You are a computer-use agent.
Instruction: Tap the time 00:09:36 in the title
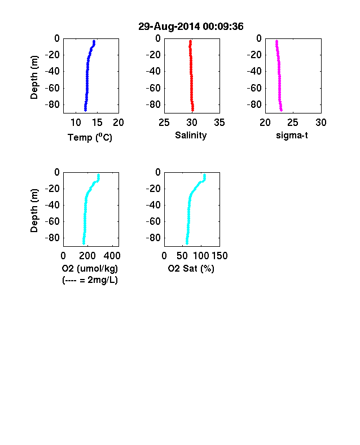click(223, 27)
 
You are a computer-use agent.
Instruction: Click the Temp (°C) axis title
click(90, 137)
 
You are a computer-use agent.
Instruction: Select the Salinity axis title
click(191, 135)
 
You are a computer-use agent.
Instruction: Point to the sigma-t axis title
click(292, 136)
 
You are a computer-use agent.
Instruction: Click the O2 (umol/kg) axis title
click(90, 268)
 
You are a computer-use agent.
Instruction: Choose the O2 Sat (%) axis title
click(191, 268)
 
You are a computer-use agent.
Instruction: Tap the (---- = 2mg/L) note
click(90, 280)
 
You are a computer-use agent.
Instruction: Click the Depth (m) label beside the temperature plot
click(34, 77)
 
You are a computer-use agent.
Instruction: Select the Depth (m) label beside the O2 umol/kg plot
click(34, 211)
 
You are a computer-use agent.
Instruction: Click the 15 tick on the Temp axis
click(97, 123)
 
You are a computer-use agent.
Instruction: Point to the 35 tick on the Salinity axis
click(219, 123)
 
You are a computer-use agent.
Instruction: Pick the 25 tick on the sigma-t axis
click(293, 123)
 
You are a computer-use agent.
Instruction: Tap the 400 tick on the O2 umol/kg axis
click(112, 256)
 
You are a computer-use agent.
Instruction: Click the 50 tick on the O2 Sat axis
click(182, 256)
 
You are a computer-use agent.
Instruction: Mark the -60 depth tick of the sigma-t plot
click(254, 88)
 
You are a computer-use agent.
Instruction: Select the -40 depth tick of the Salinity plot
click(153, 71)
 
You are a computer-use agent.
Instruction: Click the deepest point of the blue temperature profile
click(85, 110)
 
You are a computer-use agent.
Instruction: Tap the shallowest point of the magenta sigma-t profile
click(276, 41)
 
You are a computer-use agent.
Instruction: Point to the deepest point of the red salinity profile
click(193, 110)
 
